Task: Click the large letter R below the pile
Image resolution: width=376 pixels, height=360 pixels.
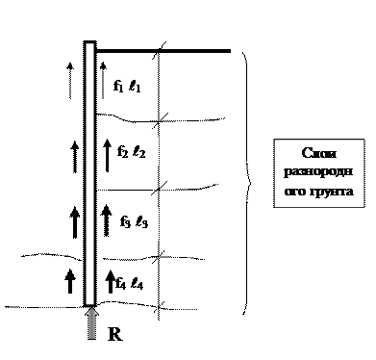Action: point(115,334)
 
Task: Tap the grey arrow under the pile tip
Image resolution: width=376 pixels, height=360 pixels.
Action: point(92,322)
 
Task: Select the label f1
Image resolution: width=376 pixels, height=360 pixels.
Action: point(118,86)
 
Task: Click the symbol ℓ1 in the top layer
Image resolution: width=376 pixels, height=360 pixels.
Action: point(135,86)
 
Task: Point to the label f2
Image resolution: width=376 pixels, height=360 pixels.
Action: point(122,151)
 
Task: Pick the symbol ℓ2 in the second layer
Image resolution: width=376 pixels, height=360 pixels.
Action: point(139,151)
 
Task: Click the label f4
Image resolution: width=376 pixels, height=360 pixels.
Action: point(120,283)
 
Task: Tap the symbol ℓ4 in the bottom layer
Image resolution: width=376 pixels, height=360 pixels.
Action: point(138,284)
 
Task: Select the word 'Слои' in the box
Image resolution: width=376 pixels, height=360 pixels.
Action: point(319,153)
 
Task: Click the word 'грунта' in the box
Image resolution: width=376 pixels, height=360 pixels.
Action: point(333,192)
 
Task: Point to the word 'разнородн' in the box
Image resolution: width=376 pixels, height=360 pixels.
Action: point(318,172)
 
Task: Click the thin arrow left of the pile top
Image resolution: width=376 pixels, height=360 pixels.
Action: point(70,81)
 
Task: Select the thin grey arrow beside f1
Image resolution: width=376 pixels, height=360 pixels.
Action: point(103,81)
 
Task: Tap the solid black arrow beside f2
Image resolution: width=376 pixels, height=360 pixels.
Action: point(107,155)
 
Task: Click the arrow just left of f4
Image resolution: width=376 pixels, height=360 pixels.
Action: point(111,281)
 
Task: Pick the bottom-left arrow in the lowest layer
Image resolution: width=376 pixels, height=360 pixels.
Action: point(70,281)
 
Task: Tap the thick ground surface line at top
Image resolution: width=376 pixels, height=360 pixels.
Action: point(163,51)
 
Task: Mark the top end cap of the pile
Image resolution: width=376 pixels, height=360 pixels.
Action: point(89,42)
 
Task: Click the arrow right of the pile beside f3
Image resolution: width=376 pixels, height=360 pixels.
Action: point(107,220)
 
